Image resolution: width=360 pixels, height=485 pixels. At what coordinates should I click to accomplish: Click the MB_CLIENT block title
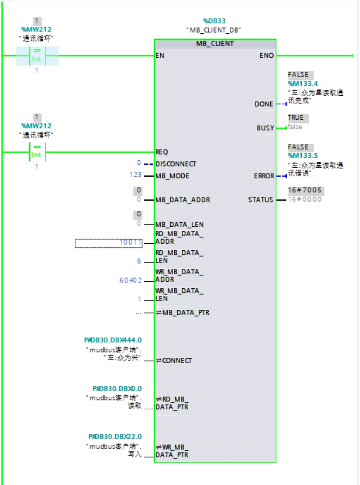coord(215,44)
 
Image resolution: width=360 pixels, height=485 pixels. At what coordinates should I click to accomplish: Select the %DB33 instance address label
coord(214,21)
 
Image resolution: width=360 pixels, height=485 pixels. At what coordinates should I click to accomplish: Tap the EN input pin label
coord(160,55)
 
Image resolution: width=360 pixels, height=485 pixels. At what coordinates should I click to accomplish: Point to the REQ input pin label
coord(162,152)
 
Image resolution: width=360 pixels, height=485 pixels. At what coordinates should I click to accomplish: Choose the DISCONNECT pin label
coord(176,164)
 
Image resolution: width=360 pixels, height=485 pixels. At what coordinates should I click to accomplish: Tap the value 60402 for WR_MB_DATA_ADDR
coord(130,280)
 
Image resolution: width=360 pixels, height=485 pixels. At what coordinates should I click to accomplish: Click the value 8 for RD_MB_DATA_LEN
coord(139,261)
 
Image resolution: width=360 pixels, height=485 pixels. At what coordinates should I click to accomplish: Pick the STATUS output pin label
coord(260,200)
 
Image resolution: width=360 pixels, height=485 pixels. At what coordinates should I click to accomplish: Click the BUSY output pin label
coord(265,128)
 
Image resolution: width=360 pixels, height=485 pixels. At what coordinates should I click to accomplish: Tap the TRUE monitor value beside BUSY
coord(296,117)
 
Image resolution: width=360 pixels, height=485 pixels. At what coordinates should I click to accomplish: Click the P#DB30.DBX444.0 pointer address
coord(113,340)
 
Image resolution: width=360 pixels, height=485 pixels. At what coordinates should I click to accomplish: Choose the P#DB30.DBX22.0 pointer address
coord(115,436)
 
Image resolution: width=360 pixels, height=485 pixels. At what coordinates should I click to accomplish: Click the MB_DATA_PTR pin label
coord(185,312)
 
